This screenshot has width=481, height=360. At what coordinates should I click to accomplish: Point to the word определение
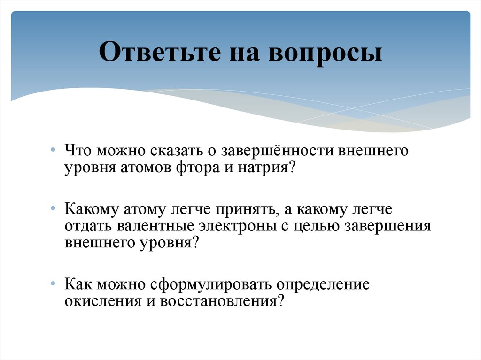pos(323,285)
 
